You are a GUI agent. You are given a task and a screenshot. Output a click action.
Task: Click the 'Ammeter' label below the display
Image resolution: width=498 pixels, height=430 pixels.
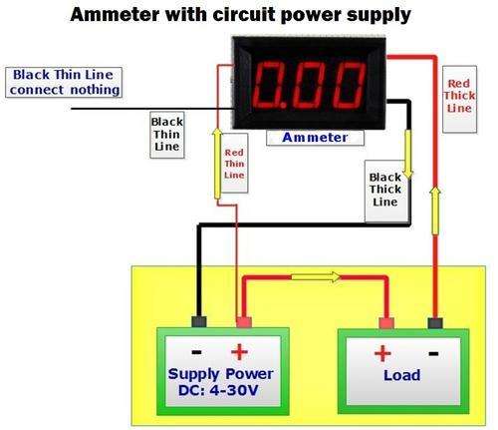[315, 138]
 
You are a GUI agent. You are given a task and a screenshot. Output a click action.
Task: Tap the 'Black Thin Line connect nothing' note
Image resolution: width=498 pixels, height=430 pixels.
[64, 82]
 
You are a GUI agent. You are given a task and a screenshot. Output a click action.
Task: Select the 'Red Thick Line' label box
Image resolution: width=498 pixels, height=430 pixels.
[460, 99]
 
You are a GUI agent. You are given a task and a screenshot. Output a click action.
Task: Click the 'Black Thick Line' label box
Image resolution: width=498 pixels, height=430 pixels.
[385, 191]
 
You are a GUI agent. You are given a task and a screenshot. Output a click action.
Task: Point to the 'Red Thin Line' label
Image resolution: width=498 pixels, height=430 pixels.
[234, 163]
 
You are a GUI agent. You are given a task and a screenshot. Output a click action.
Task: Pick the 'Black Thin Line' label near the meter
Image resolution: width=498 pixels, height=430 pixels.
[167, 135]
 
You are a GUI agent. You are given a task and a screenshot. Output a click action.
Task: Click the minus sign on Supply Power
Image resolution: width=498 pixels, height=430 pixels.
[196, 352]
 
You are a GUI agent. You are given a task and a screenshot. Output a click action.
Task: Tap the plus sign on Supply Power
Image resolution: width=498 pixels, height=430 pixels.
[239, 352]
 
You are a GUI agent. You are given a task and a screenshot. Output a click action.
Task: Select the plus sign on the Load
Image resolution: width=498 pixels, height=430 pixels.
[382, 353]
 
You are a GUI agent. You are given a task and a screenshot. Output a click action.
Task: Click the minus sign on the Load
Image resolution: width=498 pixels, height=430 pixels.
[433, 353]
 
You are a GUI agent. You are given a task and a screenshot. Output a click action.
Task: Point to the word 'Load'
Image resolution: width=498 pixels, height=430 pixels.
[402, 375]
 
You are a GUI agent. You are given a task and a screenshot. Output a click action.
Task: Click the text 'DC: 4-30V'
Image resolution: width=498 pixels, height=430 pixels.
[218, 390]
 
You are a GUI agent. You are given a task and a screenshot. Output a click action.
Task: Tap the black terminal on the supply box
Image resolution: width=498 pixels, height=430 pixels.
[199, 321]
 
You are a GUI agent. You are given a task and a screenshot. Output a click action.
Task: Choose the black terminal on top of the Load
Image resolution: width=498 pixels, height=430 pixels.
[435, 323]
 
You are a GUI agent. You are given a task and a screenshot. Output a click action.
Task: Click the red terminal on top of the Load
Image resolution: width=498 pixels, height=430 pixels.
[386, 323]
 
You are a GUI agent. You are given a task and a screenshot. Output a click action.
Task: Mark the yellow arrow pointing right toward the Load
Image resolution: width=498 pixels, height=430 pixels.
[316, 276]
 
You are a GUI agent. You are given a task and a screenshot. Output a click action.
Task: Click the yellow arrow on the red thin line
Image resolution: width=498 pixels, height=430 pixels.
[217, 164]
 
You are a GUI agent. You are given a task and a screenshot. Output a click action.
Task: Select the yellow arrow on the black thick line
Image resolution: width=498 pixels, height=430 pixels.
[408, 155]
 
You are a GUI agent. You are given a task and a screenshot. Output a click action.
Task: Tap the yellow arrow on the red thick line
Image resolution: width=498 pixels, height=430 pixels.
[435, 211]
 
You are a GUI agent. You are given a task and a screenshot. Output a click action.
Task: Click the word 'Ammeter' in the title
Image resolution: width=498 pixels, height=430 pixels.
[115, 15]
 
